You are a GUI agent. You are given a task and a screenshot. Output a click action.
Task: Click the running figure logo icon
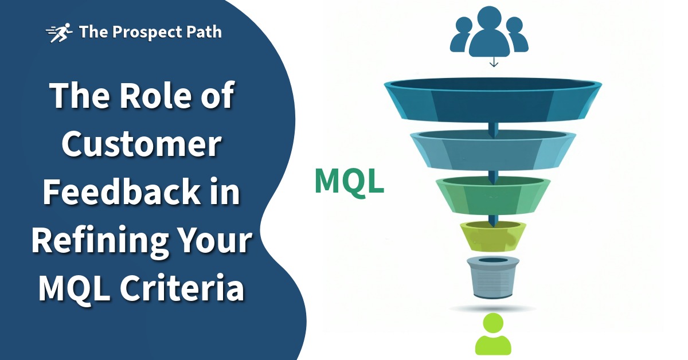pyautogui.click(x=59, y=32)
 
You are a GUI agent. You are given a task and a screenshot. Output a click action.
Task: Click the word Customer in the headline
pyautogui.click(x=141, y=145)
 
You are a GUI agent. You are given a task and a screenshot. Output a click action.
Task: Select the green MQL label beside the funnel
pyautogui.click(x=349, y=181)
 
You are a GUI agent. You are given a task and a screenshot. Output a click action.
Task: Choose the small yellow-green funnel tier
pyautogui.click(x=493, y=236)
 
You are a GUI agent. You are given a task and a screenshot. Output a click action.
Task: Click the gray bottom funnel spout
pyautogui.click(x=493, y=277)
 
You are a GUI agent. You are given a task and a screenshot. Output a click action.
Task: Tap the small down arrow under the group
pyautogui.click(x=494, y=62)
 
